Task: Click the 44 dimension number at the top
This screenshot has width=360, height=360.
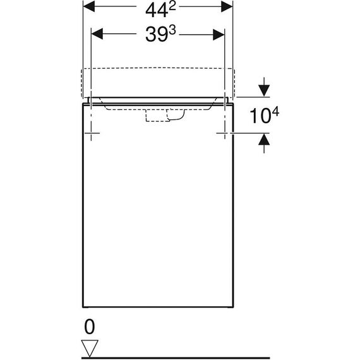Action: [157, 11]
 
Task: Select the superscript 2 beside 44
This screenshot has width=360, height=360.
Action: [172, 7]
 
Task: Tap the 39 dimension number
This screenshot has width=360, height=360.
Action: [157, 35]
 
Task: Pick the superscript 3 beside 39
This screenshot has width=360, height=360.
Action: [172, 30]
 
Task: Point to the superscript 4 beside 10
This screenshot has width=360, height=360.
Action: [275, 112]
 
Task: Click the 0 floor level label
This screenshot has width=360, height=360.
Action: [89, 327]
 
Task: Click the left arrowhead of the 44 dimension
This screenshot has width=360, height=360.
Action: [89, 6]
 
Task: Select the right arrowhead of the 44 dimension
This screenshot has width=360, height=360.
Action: [227, 6]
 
